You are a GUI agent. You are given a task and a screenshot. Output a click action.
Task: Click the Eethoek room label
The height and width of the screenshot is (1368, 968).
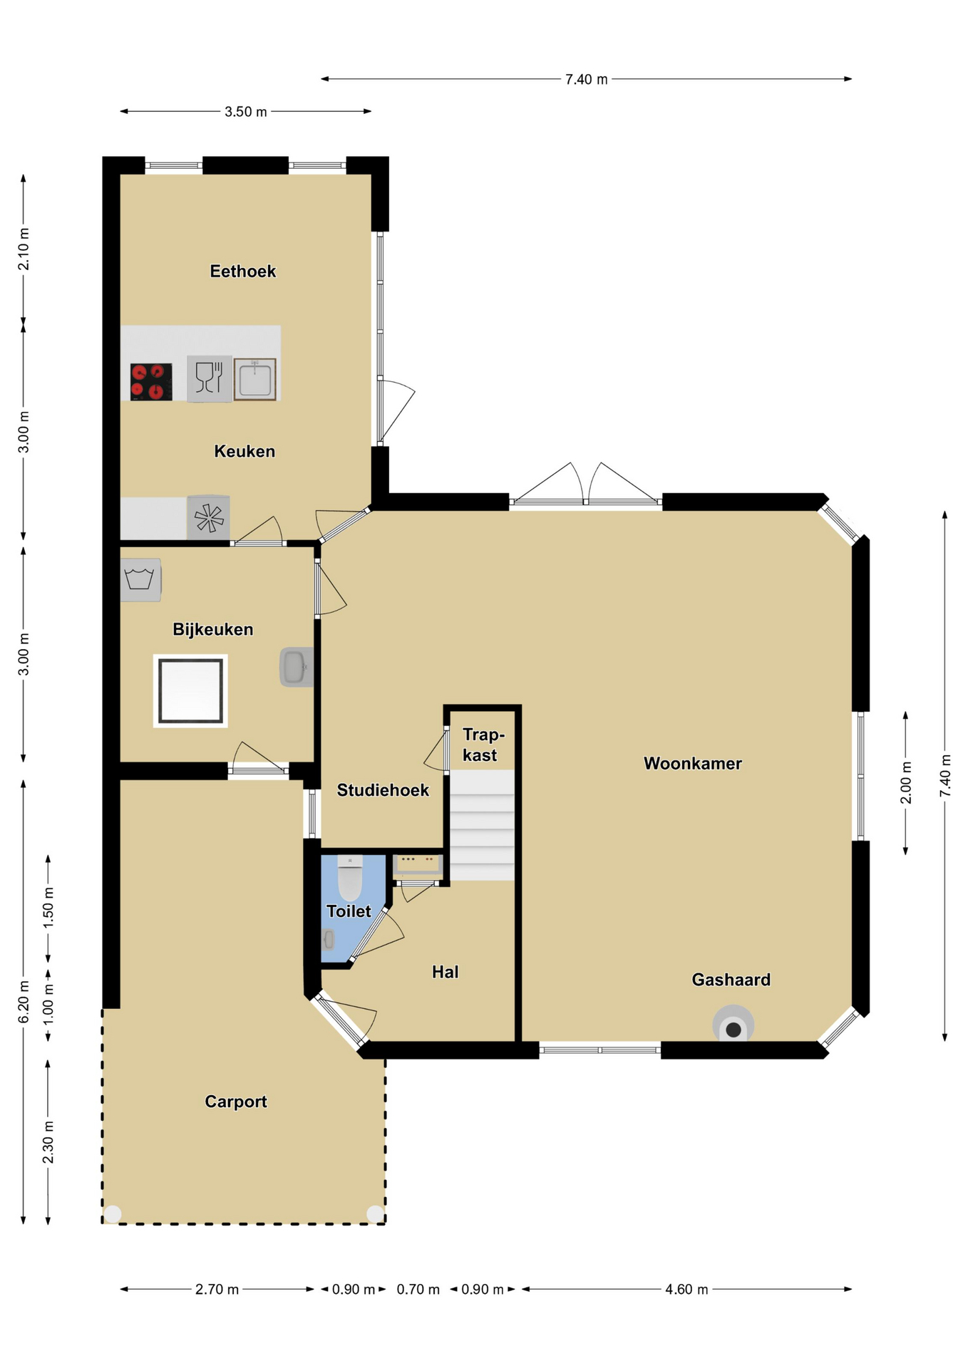[242, 271]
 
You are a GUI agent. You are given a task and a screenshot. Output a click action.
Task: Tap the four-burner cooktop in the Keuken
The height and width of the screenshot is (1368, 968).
[151, 382]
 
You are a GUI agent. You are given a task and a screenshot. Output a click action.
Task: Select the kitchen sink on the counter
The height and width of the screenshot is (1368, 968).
[254, 379]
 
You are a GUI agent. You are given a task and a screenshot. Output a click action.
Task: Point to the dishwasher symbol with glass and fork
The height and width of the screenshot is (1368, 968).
[210, 378]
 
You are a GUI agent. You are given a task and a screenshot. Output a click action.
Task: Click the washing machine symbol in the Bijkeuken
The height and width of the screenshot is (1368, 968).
[140, 580]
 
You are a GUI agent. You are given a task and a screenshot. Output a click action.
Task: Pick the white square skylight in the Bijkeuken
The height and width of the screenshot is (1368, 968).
[190, 690]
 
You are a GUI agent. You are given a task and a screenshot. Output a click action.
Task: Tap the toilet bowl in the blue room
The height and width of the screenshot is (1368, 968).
[350, 879]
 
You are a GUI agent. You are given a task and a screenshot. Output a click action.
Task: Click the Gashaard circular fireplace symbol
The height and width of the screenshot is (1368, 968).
[733, 1025]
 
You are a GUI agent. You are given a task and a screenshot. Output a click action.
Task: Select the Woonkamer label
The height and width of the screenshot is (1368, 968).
[692, 764]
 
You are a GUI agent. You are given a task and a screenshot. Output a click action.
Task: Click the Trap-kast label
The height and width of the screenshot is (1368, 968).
[483, 745]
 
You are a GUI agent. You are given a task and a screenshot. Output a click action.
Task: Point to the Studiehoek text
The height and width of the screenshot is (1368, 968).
[383, 790]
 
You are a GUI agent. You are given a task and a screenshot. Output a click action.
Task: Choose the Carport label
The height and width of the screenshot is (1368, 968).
[236, 1102]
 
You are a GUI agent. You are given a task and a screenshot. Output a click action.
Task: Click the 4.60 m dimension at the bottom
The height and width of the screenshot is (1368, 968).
[686, 1289]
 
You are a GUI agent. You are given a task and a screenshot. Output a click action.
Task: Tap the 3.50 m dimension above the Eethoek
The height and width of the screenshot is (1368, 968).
[246, 111]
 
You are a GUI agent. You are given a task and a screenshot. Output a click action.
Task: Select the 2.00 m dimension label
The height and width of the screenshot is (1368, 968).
[906, 782]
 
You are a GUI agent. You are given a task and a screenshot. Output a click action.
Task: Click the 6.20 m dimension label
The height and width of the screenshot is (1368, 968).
[24, 1001]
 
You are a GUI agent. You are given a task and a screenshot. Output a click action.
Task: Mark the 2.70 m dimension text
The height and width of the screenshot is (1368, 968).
[217, 1289]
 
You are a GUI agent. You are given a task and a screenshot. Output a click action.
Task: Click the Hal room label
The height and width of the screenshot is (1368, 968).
[446, 972]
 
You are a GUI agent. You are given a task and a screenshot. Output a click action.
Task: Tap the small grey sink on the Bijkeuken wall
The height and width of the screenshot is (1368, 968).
[297, 667]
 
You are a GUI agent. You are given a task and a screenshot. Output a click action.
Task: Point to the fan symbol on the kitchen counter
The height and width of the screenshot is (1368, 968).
[209, 518]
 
